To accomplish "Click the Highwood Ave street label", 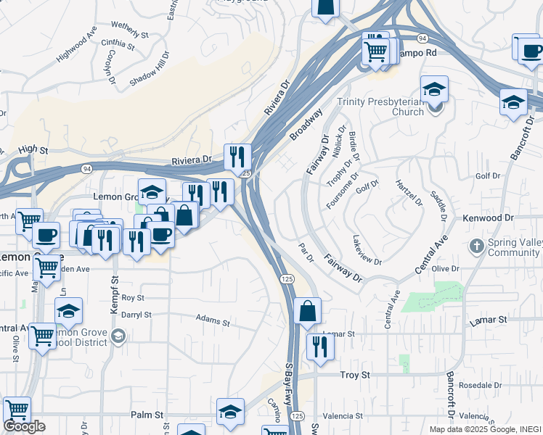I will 77,43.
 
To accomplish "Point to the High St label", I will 33,149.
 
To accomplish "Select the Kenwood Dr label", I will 488,217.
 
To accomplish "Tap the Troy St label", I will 356,375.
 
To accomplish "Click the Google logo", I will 24,426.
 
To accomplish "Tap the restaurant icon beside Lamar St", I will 319,347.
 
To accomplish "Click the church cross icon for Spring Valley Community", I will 476,246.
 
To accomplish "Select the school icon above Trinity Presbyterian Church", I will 434,90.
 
